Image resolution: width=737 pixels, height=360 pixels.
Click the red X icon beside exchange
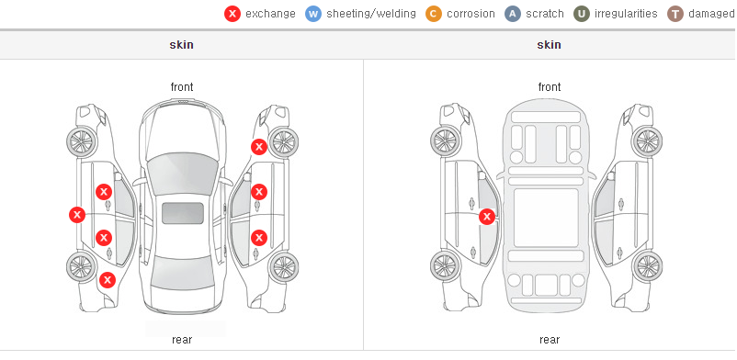pos(232,14)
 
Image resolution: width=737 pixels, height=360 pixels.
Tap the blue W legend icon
pos(313,14)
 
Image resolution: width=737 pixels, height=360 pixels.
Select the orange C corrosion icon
pos(434,14)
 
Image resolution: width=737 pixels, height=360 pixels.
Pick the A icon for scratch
pos(513,14)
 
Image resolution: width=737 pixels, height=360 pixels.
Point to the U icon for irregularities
pos(582,14)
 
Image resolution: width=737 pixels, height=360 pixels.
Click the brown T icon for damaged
pos(675,14)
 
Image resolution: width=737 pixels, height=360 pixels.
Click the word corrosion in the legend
pos(471,14)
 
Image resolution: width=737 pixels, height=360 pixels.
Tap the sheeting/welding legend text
pos(371,14)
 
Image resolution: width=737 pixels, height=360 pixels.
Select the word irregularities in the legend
pos(626,14)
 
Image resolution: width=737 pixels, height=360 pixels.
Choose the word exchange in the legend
pos(270,14)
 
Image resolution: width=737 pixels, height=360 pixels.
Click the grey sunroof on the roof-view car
pos(183,213)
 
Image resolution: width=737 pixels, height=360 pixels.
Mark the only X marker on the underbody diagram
pos(487,217)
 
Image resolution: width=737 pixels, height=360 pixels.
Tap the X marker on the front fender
pos(258,147)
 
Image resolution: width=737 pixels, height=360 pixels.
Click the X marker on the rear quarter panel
pos(108,281)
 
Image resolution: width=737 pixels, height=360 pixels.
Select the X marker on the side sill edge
pos(77,215)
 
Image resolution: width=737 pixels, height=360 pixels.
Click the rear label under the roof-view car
pos(182,340)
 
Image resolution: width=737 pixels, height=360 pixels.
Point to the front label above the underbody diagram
pos(550,87)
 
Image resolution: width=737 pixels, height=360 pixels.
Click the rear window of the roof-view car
pos(182,273)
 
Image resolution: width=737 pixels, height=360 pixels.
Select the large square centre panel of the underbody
pos(546,218)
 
